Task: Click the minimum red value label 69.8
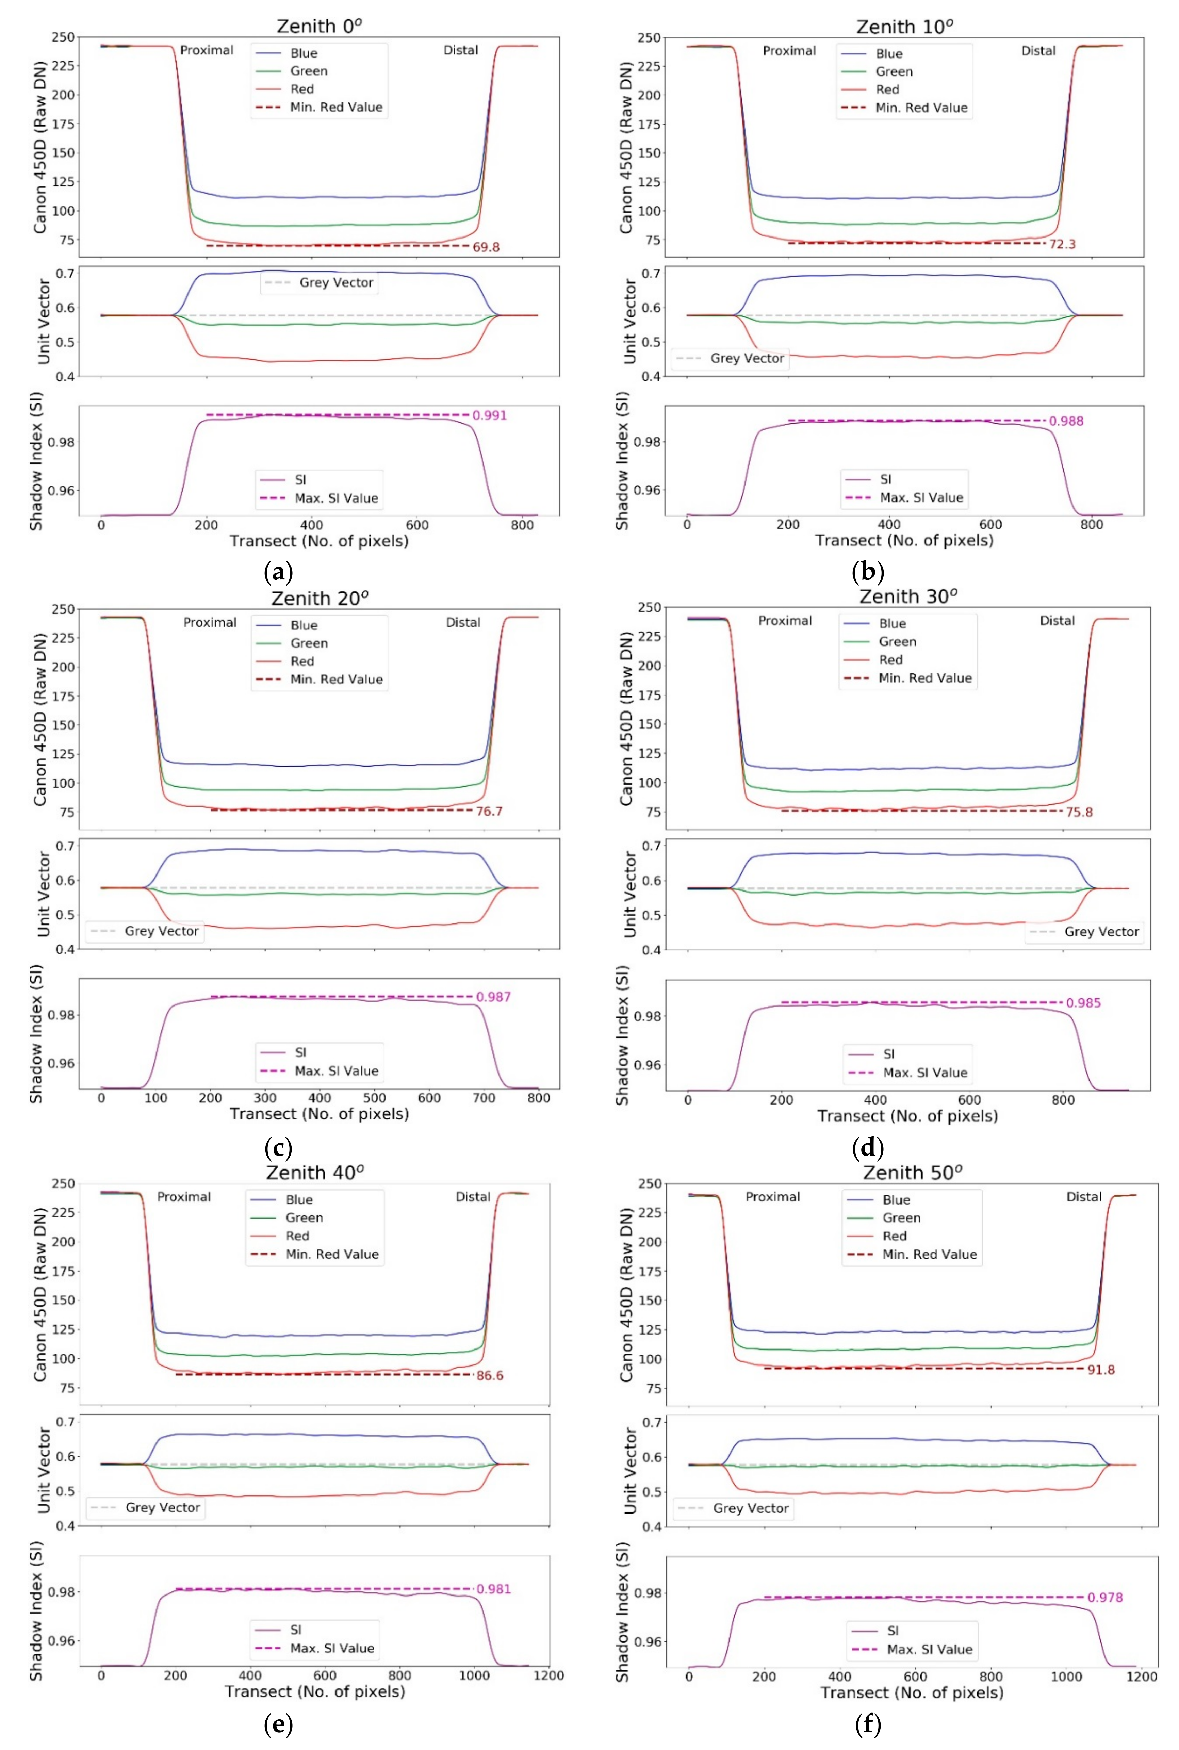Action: (486, 247)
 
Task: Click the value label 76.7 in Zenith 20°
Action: (489, 811)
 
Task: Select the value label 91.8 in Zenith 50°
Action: (1101, 1370)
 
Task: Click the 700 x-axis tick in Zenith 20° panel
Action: (484, 1097)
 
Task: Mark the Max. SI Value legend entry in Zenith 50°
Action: (929, 1649)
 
